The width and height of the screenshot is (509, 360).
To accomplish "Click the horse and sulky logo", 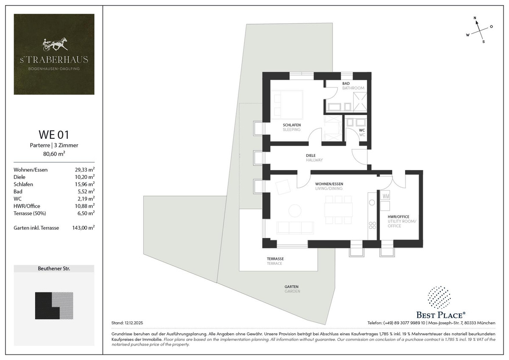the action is coord(55,44).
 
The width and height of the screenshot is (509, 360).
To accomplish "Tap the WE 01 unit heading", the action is coord(54,135).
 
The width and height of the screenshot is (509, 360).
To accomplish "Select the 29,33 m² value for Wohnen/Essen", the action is coord(85,170).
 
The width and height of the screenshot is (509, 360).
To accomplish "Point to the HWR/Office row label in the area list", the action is coord(27,206).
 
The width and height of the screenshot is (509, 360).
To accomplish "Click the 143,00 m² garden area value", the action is coord(84,228).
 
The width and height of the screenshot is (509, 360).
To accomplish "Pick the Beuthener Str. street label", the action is coord(54,269).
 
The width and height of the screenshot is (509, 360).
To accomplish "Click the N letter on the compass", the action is coord(475,18).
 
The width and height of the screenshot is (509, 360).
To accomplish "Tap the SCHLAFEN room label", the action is coord(292,125).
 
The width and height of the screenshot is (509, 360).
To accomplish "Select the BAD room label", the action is coord(346,84).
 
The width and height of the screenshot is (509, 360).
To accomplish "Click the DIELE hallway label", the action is coord(310,155).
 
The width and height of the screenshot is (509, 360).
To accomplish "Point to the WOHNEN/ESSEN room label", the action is coord(329,184).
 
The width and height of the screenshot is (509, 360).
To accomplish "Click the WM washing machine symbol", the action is coord(385,196).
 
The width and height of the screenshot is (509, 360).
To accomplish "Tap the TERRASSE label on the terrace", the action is coord(275,259).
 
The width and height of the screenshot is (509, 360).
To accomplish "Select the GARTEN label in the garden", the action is coord(291,287).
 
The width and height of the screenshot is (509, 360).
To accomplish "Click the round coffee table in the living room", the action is coord(295,211).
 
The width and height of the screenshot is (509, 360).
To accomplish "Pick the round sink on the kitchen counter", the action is coord(372,202).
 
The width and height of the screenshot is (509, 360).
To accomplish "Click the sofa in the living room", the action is coord(295,228).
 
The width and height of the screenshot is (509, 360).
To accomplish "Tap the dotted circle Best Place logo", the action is coord(439,298).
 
